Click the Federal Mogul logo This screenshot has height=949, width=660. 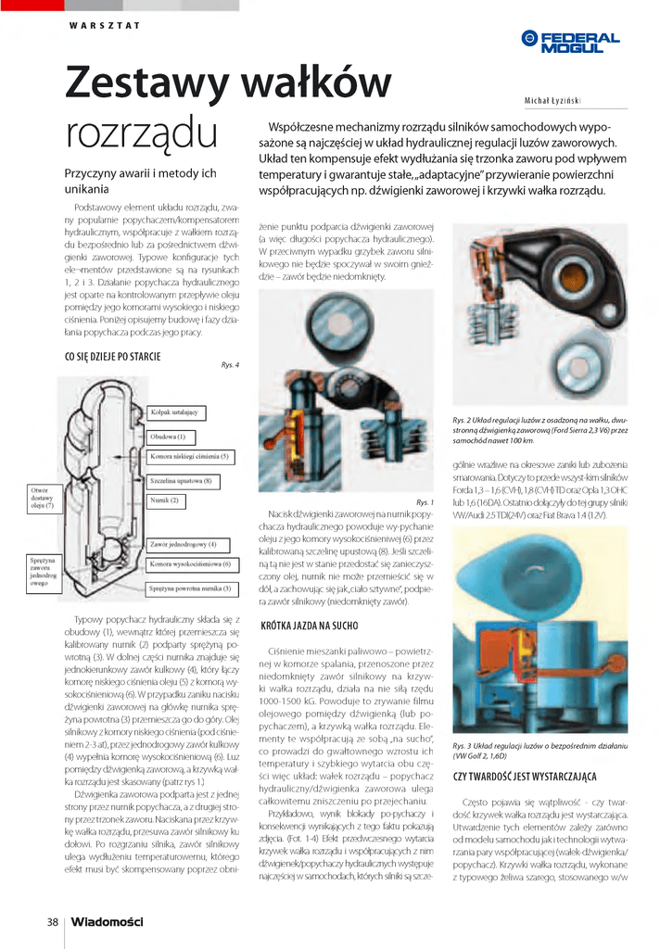tap(570, 41)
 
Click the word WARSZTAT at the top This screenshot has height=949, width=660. tap(104, 25)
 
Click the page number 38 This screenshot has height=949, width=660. tap(53, 921)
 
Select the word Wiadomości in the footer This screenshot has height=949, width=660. tap(108, 921)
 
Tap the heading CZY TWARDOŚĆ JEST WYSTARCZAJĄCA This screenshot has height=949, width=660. tap(524, 776)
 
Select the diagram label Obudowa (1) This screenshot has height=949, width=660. tap(168, 436)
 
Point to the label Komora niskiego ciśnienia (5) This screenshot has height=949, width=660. tap(190, 457)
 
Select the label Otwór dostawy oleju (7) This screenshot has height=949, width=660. tap(43, 498)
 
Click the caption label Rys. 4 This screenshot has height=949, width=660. tap(230, 364)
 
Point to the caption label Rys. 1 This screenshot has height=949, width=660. tap(425, 501)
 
